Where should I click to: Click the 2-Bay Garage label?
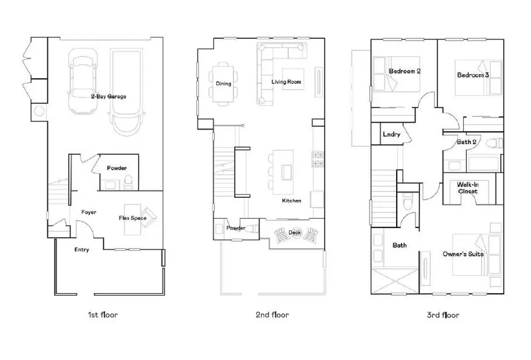click(x=108, y=96)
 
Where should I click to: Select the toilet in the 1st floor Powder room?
click(x=129, y=181)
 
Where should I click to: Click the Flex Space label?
click(x=133, y=218)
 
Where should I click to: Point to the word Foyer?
click(x=89, y=212)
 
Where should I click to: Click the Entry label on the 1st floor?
click(x=81, y=250)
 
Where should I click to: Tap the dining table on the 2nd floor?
click(x=224, y=83)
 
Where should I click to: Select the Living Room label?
click(x=286, y=82)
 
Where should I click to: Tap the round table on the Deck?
click(x=296, y=232)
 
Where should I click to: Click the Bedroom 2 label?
click(x=404, y=71)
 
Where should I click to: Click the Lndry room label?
click(x=392, y=134)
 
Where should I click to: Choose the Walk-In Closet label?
click(x=467, y=187)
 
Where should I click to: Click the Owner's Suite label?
click(x=463, y=254)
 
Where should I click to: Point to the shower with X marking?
click(x=395, y=281)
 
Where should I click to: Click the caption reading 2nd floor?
click(x=272, y=314)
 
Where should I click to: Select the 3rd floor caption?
click(x=442, y=314)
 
